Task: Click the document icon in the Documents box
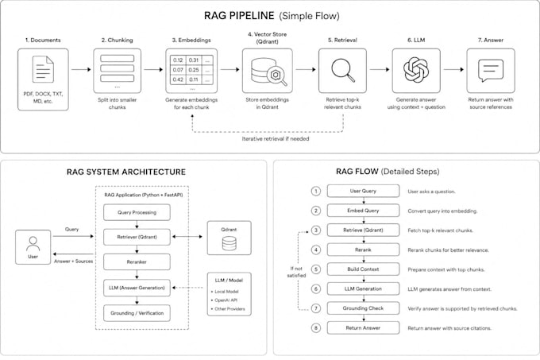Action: click(x=43, y=69)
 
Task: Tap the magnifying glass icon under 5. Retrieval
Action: click(x=343, y=70)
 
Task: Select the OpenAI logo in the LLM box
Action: click(x=416, y=70)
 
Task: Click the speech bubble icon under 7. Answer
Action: click(x=491, y=70)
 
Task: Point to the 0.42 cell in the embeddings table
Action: click(x=178, y=79)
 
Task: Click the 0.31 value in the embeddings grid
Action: click(x=194, y=60)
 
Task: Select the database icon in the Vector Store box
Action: click(x=268, y=72)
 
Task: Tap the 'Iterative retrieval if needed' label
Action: click(x=276, y=139)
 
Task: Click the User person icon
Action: click(x=33, y=243)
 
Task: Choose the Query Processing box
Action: click(x=137, y=212)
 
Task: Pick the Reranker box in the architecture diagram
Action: click(x=137, y=261)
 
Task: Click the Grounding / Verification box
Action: click(x=137, y=313)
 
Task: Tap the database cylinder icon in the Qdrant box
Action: click(x=229, y=243)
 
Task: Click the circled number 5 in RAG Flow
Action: click(x=316, y=269)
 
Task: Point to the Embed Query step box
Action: click(x=363, y=211)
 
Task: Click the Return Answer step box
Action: click(x=363, y=328)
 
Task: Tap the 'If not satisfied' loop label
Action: click(x=296, y=272)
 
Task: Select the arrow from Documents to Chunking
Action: click(x=81, y=70)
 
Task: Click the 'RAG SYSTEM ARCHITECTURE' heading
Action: click(x=126, y=172)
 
